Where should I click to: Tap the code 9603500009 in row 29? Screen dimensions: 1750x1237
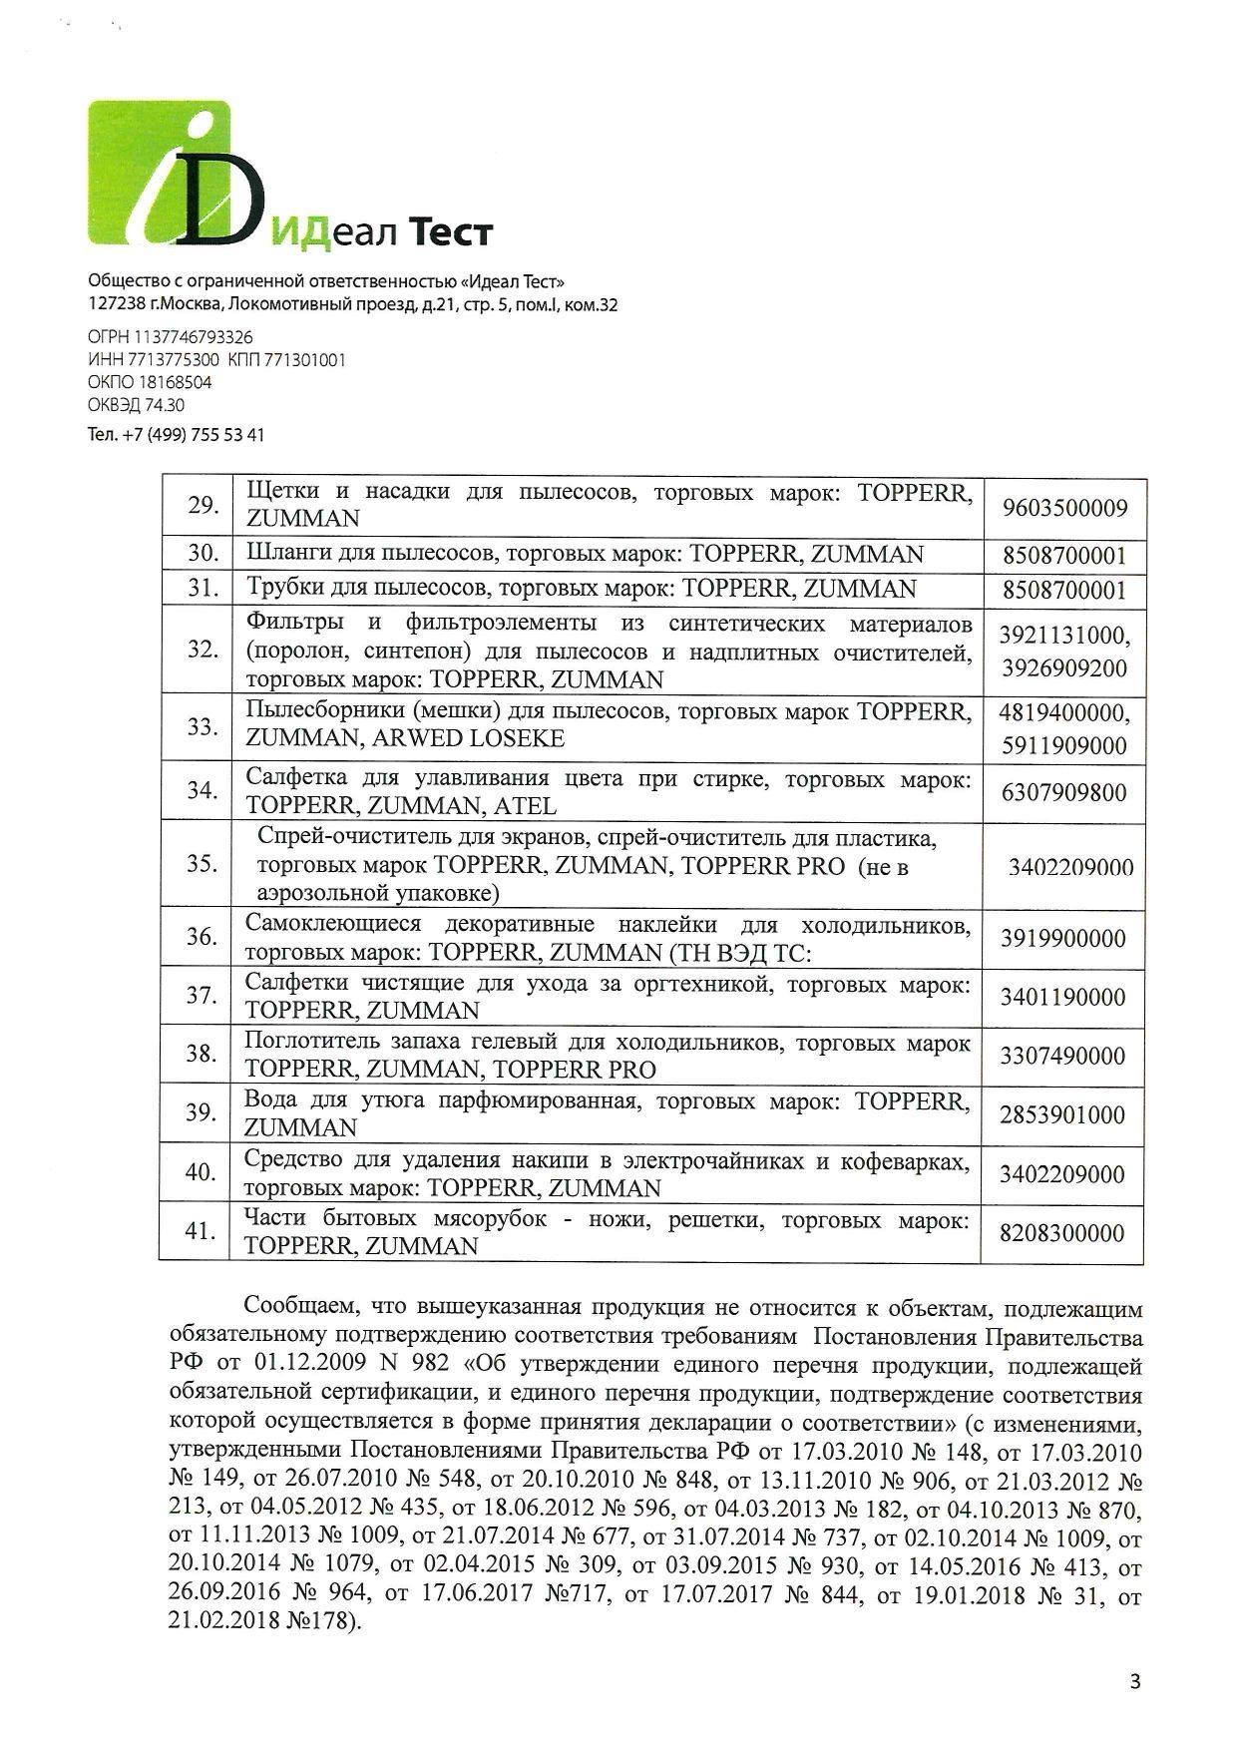[1063, 508]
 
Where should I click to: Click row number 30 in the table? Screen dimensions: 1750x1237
[204, 554]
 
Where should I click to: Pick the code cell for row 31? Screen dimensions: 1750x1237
[1063, 590]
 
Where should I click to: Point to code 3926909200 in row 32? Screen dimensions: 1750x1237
[1063, 667]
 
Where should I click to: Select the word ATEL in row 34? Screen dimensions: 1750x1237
[525, 805]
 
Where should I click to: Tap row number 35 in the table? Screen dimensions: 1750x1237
[204, 863]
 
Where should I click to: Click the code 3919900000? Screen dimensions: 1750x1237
[1063, 939]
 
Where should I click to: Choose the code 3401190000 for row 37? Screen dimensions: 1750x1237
[1063, 997]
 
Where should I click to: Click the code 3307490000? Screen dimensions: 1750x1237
[1063, 1056]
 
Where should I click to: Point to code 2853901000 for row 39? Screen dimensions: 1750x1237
[1063, 1114]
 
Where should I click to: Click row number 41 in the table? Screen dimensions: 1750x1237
[204, 1231]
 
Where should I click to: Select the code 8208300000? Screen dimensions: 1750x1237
[1063, 1233]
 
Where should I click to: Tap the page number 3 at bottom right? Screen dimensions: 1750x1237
[1134, 1683]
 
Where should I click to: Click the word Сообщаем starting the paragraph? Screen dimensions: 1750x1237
[298, 1308]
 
